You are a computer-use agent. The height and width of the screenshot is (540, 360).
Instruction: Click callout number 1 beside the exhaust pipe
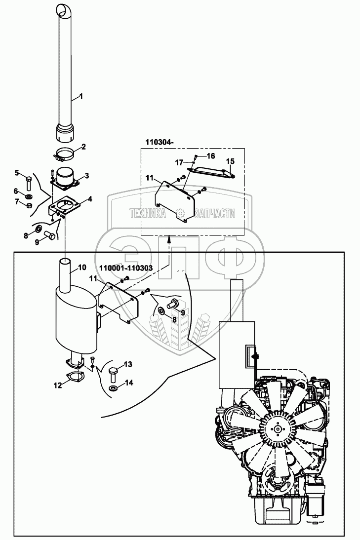click(81, 96)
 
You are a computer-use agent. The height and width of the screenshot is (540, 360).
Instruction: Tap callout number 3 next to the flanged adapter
click(86, 176)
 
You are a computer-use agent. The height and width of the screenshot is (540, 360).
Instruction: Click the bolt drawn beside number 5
click(29, 182)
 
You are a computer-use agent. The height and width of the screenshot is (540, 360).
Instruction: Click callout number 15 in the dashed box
click(230, 161)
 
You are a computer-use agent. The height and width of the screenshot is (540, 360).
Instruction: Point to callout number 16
click(210, 156)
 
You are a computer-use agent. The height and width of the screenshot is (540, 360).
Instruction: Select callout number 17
click(178, 161)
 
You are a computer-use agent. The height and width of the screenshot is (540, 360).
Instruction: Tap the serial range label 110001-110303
click(126, 267)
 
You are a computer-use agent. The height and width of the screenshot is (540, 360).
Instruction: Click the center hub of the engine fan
click(278, 428)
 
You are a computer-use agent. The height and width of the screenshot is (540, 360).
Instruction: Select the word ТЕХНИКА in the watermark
click(148, 214)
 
